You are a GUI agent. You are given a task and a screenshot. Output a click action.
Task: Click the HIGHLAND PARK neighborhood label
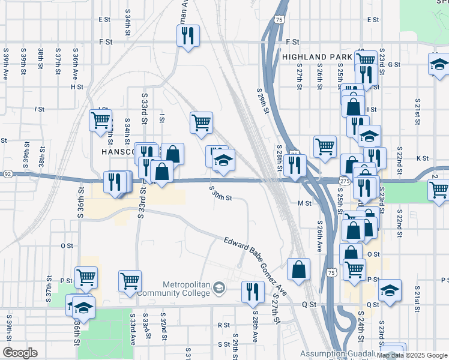tap(316, 57)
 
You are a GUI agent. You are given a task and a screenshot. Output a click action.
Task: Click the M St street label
tap(304, 203)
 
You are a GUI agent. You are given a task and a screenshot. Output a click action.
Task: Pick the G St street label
tap(394, 64)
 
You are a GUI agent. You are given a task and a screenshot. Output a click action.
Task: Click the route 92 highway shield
tap(7, 174)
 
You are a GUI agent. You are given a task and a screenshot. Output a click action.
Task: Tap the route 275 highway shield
tap(344, 181)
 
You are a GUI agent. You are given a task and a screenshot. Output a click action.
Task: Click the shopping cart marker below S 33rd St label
tap(201, 122)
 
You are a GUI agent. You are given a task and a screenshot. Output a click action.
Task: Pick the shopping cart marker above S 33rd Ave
tap(130, 280)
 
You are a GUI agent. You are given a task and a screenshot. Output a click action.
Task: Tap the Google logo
tap(20, 353)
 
